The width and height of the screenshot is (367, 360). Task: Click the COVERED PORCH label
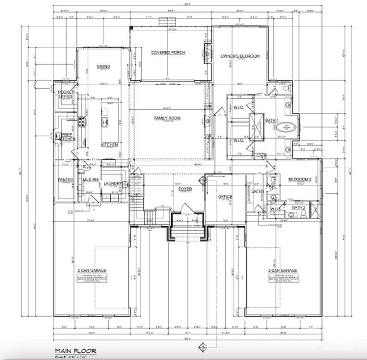tap(168, 53)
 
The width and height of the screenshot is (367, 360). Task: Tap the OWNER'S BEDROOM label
tap(240, 56)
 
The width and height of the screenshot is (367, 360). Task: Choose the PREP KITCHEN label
tap(67, 137)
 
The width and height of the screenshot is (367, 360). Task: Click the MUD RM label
tap(91, 179)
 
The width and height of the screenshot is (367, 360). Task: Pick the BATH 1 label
tap(271, 121)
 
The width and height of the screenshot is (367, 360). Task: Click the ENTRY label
tap(257, 191)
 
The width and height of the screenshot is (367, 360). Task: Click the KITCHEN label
tap(109, 145)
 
